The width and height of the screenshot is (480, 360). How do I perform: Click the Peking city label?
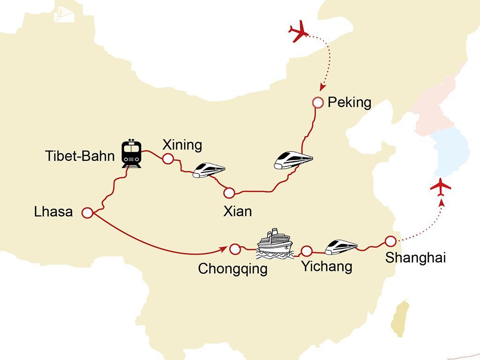point(349,102)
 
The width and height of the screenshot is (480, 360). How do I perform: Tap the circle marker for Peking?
point(318,103)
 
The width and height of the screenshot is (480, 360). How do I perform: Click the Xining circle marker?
point(167,159)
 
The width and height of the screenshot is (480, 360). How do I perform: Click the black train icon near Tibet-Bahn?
point(132,153)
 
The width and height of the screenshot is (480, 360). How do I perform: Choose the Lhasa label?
point(53,212)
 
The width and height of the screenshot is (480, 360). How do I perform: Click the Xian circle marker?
point(229,193)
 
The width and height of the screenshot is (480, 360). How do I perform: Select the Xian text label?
point(238,211)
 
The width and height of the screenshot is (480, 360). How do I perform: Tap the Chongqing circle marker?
point(235,249)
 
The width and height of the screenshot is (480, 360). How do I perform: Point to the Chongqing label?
point(232,269)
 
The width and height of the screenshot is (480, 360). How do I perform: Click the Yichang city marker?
point(307,251)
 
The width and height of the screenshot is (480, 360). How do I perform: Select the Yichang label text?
point(326,267)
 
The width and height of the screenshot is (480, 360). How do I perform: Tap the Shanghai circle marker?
point(390,241)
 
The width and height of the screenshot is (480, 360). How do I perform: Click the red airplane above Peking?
point(299,33)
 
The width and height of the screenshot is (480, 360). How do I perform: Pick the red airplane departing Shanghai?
point(440,187)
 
